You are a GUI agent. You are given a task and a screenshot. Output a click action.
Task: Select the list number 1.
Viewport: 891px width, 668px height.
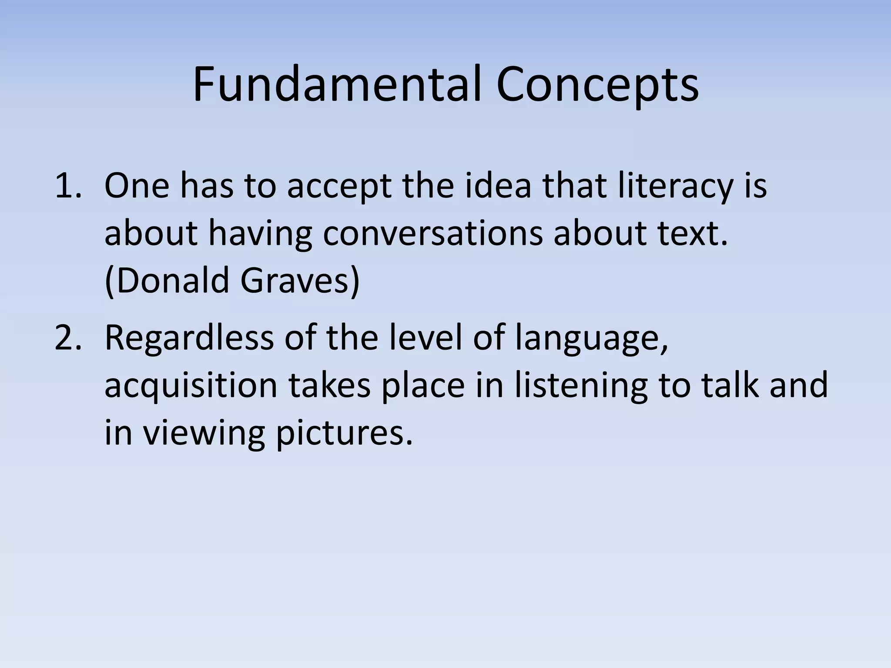(68, 185)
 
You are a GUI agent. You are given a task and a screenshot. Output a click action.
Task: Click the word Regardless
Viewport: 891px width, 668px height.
(189, 338)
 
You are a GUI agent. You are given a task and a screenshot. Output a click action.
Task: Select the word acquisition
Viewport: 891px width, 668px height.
(191, 386)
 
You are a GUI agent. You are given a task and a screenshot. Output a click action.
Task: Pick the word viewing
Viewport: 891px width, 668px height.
(204, 434)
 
